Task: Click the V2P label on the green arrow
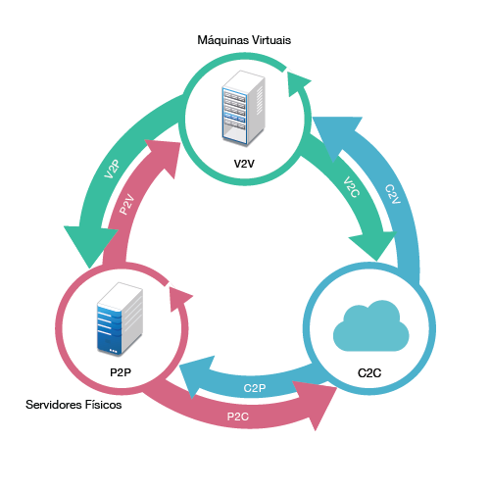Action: tap(112, 170)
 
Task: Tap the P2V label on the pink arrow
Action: tap(126, 204)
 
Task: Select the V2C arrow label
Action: tap(352, 187)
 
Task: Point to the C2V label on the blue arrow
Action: tap(393, 194)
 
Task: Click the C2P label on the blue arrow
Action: tap(255, 388)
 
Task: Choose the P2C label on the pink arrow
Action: tap(238, 416)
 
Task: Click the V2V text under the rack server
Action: tap(244, 164)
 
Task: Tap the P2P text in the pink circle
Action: tap(121, 372)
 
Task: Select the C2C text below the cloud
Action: tap(369, 372)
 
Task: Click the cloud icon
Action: tap(371, 325)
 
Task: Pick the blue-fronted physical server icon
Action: tap(120, 319)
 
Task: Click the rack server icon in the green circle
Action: tap(243, 108)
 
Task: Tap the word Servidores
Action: tap(54, 405)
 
